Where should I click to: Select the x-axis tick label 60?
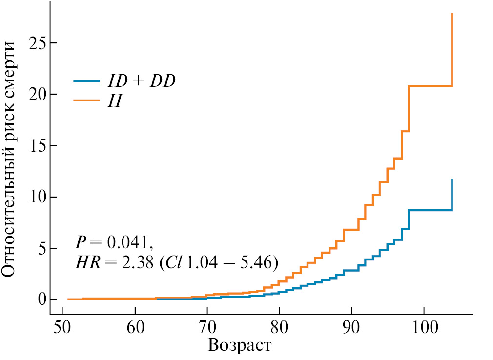tap(135, 327)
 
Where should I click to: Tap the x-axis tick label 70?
tap(207, 327)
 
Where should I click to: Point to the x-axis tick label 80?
tap(279, 327)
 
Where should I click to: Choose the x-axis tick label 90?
tap(351, 327)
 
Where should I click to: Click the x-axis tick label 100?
tap(424, 327)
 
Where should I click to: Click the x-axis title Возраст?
tap(240, 345)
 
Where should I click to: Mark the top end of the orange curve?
tap(452, 14)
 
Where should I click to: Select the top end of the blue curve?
tap(452, 179)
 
